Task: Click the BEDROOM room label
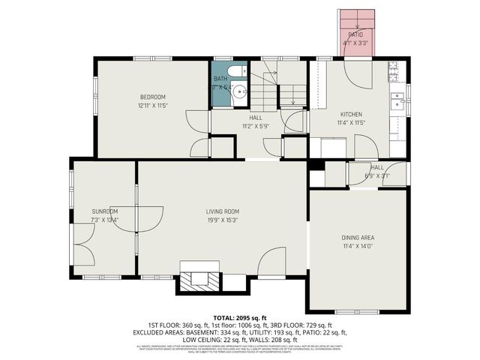point(151,97)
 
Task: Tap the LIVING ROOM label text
point(222,211)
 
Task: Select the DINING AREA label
point(358,238)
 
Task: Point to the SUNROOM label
point(105,211)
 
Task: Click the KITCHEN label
point(351,115)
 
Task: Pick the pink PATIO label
point(355,34)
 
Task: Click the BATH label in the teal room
point(220,79)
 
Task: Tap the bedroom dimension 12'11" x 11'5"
point(151,106)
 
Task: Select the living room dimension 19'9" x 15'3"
point(222,220)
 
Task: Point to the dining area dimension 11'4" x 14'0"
point(358,246)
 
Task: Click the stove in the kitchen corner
point(394,71)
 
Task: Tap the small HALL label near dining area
point(376,167)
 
